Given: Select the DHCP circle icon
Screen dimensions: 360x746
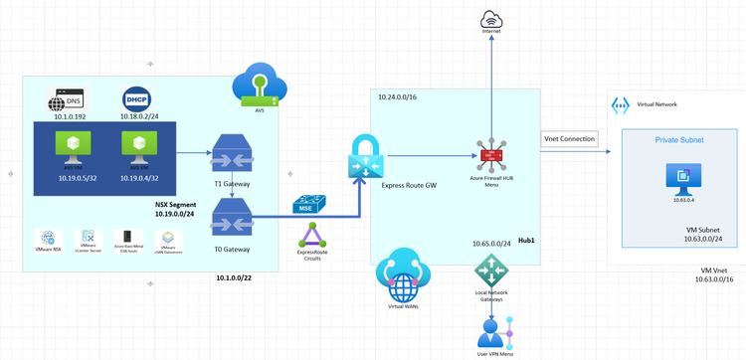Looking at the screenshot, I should click(x=136, y=99).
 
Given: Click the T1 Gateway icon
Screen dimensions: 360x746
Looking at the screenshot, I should click(x=232, y=154).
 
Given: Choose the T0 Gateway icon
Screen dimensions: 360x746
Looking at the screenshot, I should click(x=232, y=213).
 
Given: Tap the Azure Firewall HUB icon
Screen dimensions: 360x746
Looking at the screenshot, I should click(x=491, y=156).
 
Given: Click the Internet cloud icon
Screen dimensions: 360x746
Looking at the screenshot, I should click(x=491, y=19).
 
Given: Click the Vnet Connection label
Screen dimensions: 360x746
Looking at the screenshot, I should click(x=570, y=138).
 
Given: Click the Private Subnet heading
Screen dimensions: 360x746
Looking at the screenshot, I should click(x=679, y=140).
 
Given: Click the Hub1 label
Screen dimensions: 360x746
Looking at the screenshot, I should click(x=526, y=242).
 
